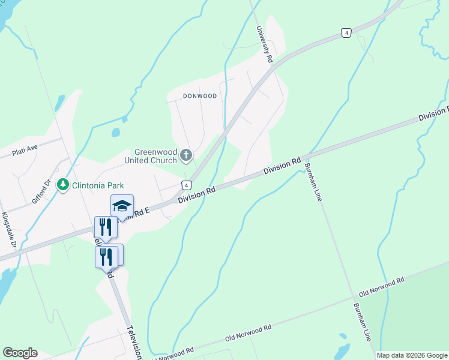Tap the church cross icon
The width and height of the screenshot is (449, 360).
(186, 156)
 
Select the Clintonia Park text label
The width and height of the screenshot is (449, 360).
(93, 185)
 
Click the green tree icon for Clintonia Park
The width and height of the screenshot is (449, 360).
(62, 185)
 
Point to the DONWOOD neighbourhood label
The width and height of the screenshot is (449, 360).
(191, 96)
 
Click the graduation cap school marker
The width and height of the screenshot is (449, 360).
(122, 206)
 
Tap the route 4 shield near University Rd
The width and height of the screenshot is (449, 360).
(346, 33)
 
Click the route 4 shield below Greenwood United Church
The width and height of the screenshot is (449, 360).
(187, 185)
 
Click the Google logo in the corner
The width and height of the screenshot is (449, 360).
(20, 353)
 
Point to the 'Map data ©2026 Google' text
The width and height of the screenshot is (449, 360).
(412, 355)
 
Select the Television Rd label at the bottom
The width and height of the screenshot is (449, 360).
(134, 343)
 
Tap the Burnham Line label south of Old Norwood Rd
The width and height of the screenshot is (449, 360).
(363, 322)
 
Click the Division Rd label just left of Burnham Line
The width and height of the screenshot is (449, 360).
(282, 167)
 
